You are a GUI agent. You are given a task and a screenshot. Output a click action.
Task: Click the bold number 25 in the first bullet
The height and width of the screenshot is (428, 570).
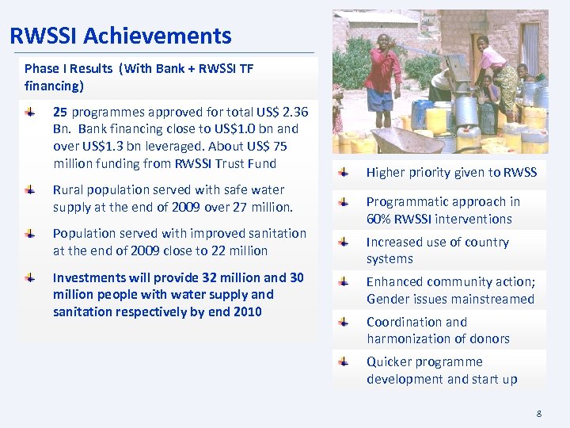click(61, 112)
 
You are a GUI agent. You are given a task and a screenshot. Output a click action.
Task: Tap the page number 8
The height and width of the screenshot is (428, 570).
click(539, 413)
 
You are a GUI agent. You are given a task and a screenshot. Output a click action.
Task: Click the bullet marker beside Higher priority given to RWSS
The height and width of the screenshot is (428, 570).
click(343, 172)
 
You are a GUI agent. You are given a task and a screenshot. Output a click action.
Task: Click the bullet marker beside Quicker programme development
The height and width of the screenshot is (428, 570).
click(343, 362)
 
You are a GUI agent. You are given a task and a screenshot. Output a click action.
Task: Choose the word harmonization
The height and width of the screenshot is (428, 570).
click(412, 339)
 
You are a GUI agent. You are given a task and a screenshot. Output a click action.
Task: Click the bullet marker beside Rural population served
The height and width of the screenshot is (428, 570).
click(29, 190)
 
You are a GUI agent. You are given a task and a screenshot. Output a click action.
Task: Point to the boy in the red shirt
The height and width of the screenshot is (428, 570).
click(384, 75)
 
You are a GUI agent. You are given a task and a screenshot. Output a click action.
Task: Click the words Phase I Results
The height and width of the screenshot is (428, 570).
click(68, 69)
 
